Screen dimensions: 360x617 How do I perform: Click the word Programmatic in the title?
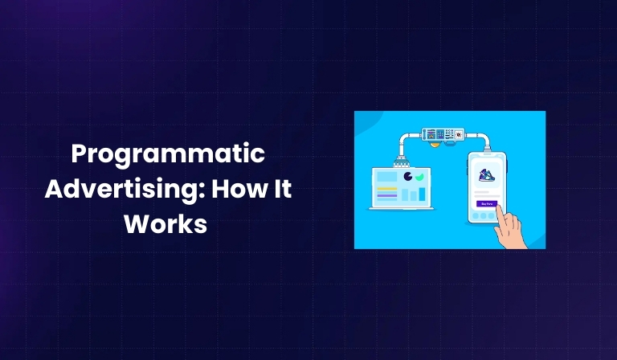pyautogui.click(x=166, y=153)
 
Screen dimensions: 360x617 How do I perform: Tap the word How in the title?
pyautogui.click(x=233, y=190)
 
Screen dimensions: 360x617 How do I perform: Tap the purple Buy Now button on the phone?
pyautogui.click(x=486, y=204)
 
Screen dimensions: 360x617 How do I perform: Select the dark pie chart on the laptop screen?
pyautogui.click(x=408, y=176)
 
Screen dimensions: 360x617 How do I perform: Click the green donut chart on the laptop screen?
pyautogui.click(x=419, y=176)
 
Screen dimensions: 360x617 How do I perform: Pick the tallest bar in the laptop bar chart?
pyautogui.click(x=423, y=194)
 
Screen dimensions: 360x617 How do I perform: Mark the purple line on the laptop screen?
pyautogui.click(x=387, y=195)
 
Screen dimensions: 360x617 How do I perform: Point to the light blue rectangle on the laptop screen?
pyautogui.click(x=387, y=177)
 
